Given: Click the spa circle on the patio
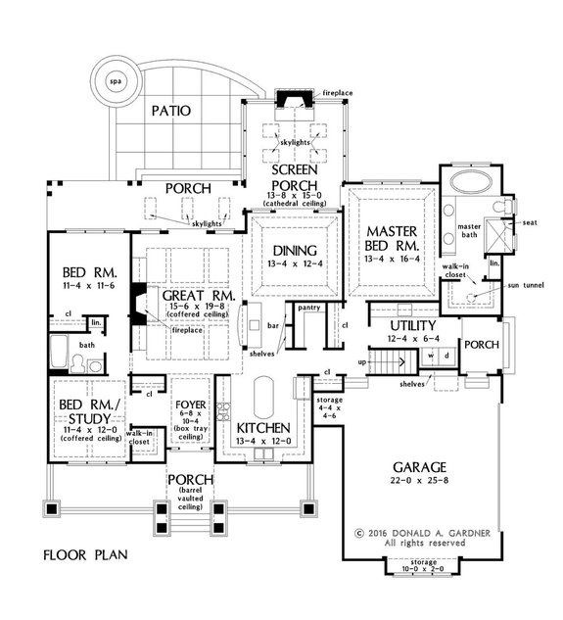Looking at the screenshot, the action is tap(116, 81).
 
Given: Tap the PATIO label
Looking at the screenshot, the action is tap(171, 111).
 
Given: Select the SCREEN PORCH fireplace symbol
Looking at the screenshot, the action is tap(294, 99).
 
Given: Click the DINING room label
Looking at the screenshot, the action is tap(295, 251).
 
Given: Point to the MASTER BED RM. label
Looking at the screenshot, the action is tap(392, 238).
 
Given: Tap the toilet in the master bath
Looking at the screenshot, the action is tap(502, 206).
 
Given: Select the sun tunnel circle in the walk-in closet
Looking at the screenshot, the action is tap(471, 297).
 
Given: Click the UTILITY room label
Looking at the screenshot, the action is tap(413, 326).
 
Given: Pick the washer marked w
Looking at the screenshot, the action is tap(432, 356).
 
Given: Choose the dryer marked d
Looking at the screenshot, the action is tap(446, 356).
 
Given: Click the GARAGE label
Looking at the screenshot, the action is tap(419, 467).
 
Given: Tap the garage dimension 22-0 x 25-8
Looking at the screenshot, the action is tap(420, 481).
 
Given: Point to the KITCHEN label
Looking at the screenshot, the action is tap(263, 428).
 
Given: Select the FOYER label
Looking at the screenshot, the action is tap(191, 405).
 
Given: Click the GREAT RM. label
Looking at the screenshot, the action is tap(199, 296).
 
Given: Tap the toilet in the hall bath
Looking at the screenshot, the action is tap(77, 363).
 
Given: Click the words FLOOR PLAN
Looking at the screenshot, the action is tap(85, 555).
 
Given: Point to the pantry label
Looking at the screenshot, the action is tap(309, 308).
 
